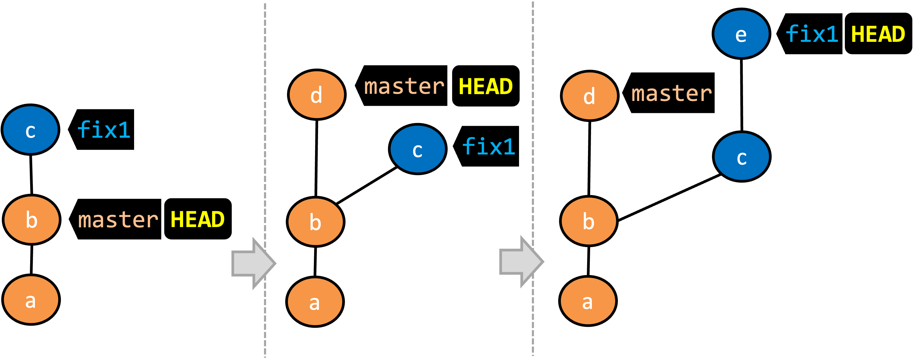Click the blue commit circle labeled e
point(741,34)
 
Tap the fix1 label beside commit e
point(812,34)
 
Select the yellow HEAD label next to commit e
point(878,34)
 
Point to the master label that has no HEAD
point(671,94)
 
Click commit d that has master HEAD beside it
point(317,95)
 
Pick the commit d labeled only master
point(590,96)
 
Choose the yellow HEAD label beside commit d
point(486,87)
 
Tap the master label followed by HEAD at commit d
point(404,87)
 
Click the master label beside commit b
point(118,220)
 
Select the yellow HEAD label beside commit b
point(197,219)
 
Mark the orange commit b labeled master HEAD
point(31,220)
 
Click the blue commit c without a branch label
point(742,157)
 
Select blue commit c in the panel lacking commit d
point(30,130)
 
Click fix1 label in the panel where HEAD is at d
point(488,147)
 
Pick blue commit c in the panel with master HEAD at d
point(417,149)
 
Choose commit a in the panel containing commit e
point(588,301)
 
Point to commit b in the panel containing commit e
point(589,221)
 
